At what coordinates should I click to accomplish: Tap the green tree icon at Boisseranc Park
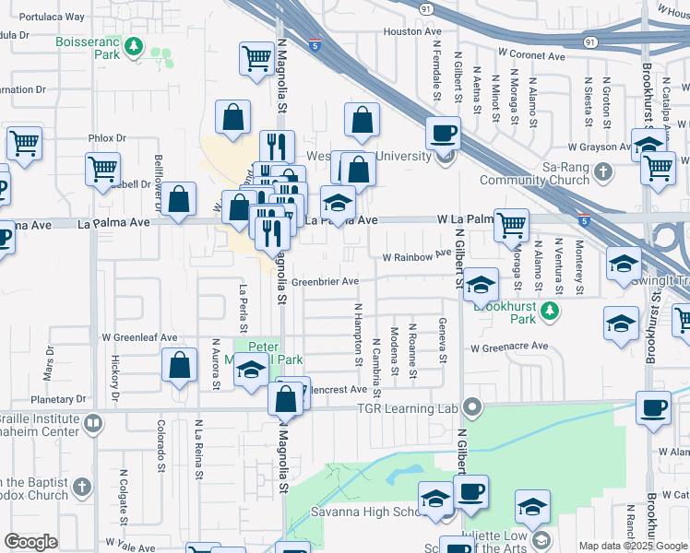coord(135,44)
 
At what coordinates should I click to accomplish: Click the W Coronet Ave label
coord(531,56)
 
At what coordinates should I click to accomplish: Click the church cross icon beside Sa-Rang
coord(602,171)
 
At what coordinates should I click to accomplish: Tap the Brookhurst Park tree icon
coord(551,311)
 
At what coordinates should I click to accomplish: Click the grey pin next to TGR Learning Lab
coord(472,406)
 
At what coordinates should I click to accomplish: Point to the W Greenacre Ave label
coord(509,348)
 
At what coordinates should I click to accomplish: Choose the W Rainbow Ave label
coord(415,255)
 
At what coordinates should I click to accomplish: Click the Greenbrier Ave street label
coord(325,281)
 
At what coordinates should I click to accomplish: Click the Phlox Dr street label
coord(107,138)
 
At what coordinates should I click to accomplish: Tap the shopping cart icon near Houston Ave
coord(257,58)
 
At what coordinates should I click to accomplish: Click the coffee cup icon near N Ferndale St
coord(444,133)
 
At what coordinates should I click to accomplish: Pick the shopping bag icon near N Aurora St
coord(179,364)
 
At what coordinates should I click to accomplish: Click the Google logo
coord(31,542)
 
